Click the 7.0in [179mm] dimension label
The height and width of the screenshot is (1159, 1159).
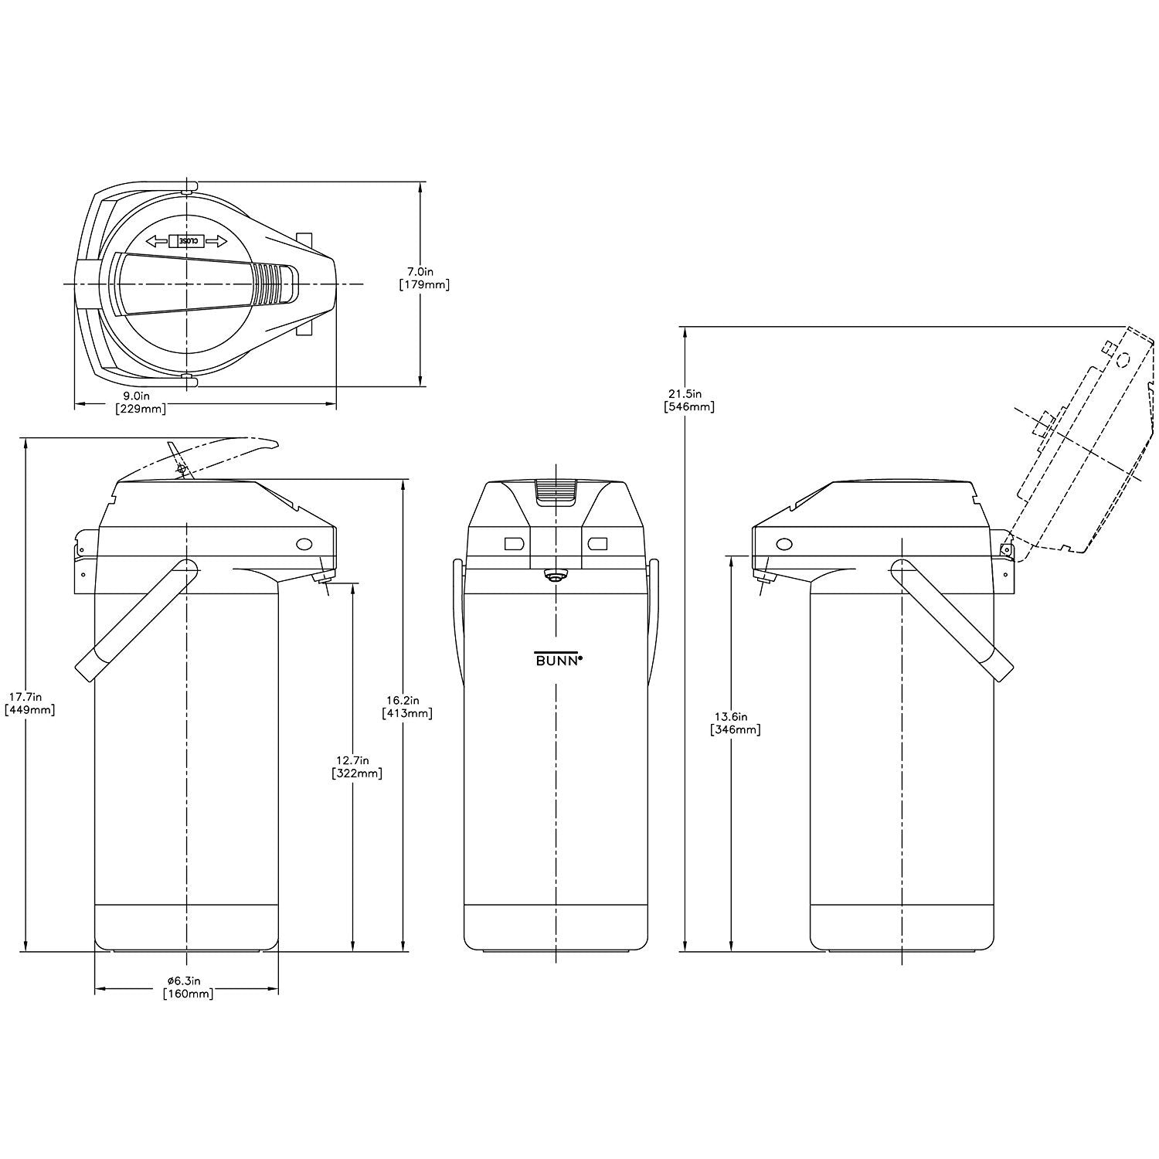point(424,278)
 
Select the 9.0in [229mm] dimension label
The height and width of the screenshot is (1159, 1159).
point(140,403)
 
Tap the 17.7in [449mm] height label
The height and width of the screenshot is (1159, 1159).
point(29,703)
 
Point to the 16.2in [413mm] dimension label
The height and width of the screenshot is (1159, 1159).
point(407,707)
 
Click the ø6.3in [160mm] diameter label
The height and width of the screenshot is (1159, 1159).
point(187,987)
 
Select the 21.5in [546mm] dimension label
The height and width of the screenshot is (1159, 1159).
point(688,399)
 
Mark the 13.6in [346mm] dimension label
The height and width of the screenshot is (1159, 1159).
point(735,722)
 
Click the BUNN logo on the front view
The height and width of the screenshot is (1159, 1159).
point(558,658)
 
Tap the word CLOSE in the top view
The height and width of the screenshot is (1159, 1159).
point(188,240)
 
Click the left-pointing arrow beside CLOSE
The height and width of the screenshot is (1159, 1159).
point(158,240)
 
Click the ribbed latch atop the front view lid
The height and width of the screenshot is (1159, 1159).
point(556,491)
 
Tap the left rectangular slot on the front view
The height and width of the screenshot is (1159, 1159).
point(515,544)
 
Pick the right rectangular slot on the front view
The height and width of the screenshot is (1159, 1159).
point(597,544)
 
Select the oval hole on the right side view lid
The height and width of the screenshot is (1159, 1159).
point(784,545)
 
